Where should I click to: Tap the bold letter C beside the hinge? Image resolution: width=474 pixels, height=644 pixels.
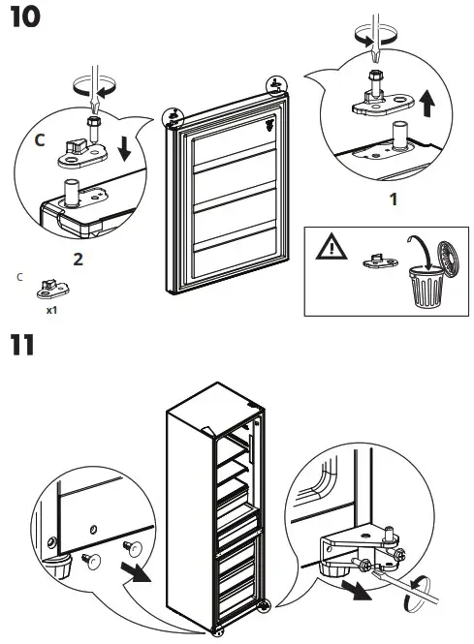click(x=40, y=140)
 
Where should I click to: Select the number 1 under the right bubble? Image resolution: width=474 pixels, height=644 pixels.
click(x=393, y=200)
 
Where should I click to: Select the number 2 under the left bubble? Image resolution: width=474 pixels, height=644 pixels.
click(x=78, y=258)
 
